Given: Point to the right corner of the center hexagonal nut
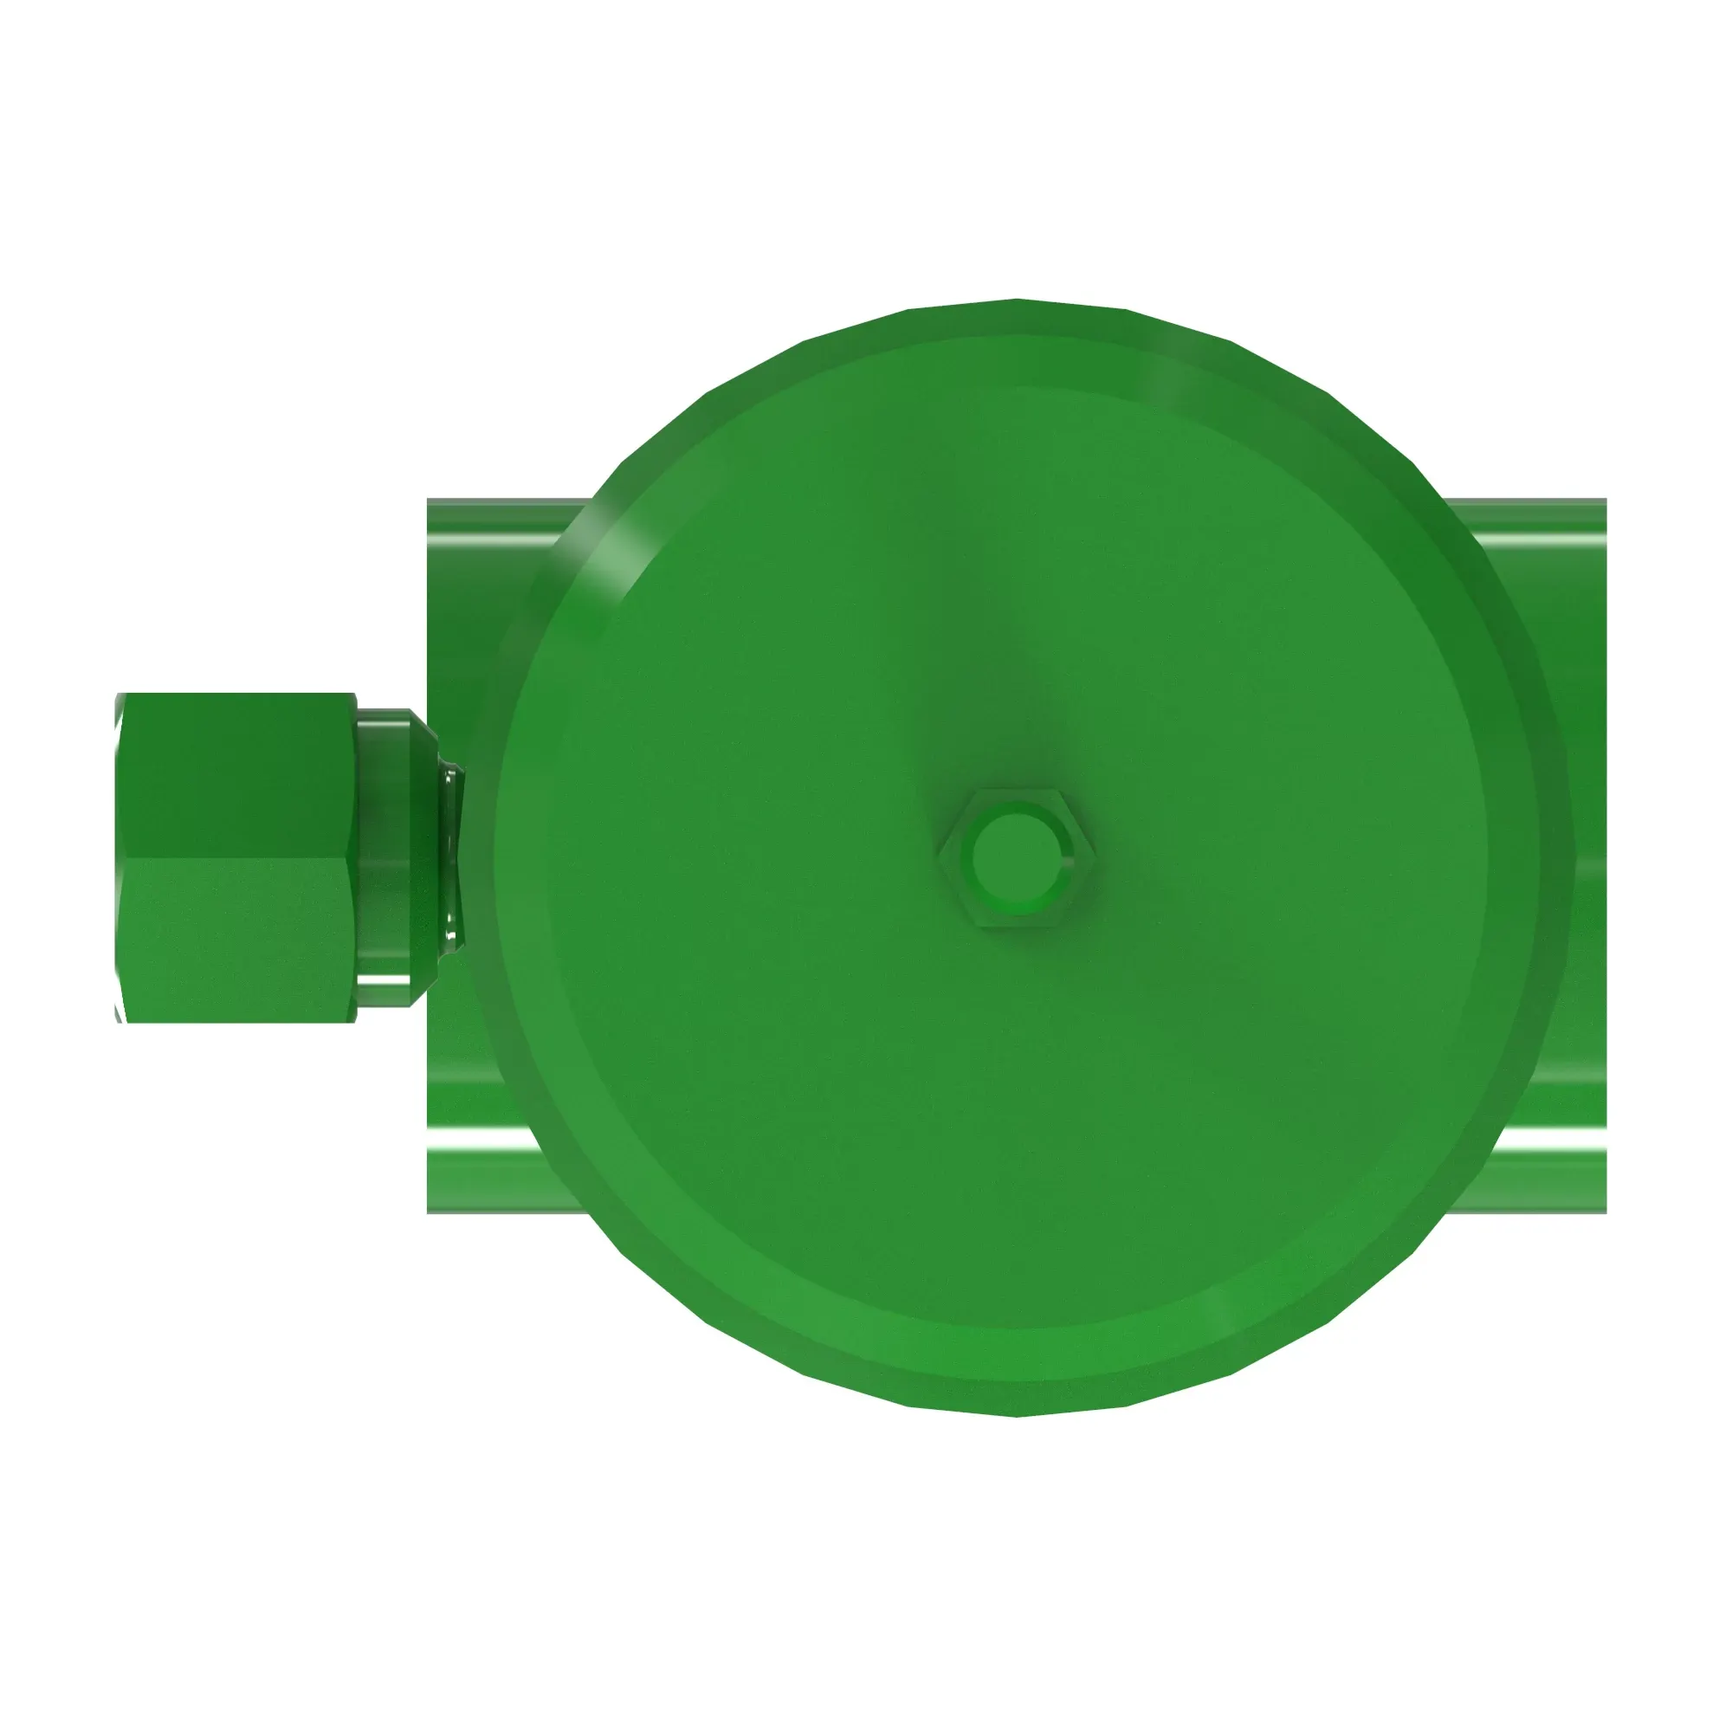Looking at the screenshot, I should pos(1093,857).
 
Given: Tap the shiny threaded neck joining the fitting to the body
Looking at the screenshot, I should pos(451,856).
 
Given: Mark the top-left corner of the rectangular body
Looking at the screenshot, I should pos(429,501).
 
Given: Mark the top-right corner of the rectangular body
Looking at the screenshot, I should pos(1605,501).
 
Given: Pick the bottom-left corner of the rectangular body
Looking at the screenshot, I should pos(429,1212).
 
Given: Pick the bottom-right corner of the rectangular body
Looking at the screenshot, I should pos(1605,1212).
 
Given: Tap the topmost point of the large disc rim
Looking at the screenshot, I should pos(1017,301).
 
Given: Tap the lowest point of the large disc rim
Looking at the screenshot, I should pos(1017,1416).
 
